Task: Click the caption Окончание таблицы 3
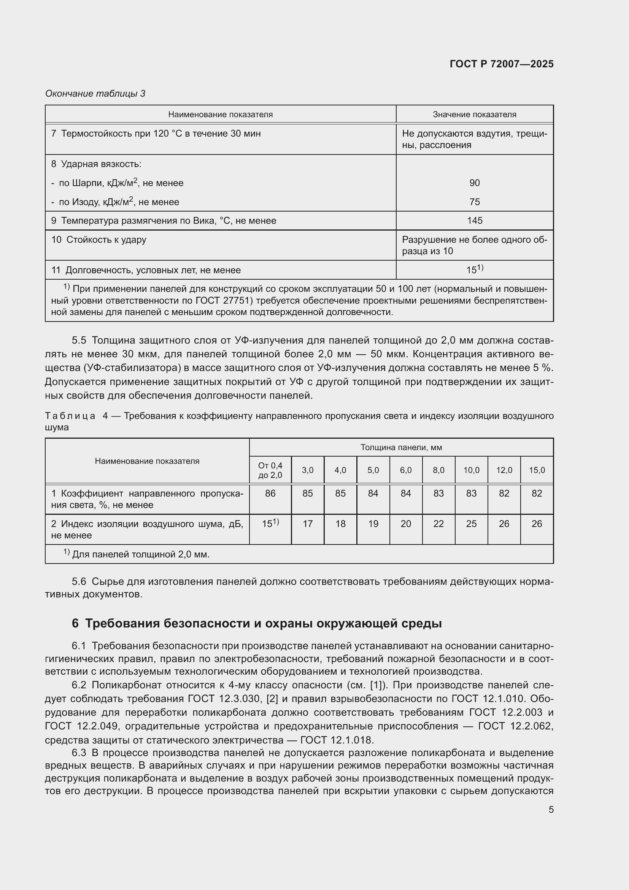pos(95,94)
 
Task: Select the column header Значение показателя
pos(474,115)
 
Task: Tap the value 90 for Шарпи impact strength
pos(474,183)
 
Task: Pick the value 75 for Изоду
pos(474,202)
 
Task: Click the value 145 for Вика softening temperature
pos(474,221)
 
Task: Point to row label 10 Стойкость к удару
pos(99,240)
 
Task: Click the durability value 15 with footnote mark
pos(474,270)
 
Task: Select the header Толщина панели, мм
pos(401,447)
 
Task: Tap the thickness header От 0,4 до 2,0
pos(270,470)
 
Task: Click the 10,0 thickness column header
pos(471,470)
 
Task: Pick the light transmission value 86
pos(270,494)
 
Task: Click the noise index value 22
pos(438,524)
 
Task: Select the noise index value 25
pos(471,524)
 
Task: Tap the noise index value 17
pos(308,524)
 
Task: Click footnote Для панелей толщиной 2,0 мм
pos(140,554)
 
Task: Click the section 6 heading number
pos(75,624)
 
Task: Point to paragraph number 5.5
pos(79,340)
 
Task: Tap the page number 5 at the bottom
pos(551,810)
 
